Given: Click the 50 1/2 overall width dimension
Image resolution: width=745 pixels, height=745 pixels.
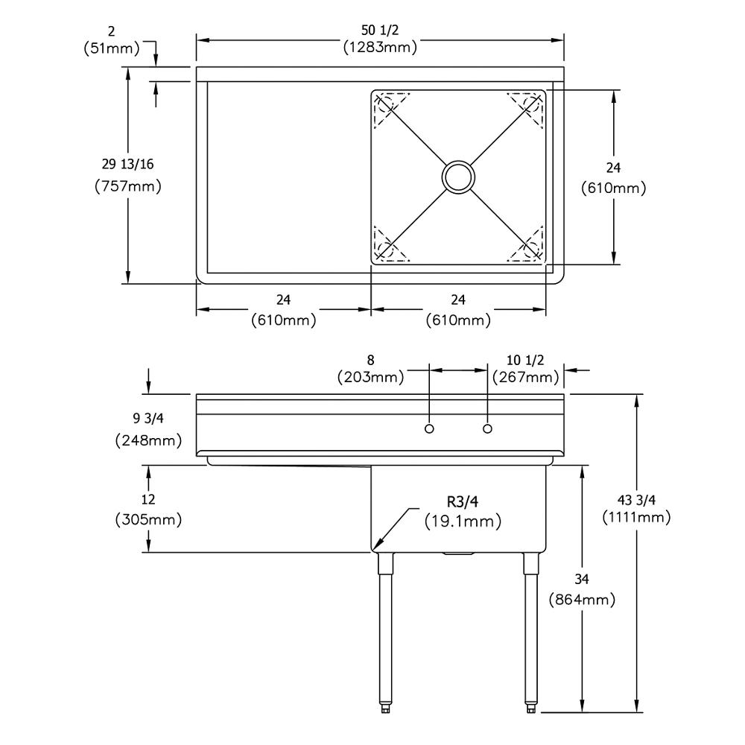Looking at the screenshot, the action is [x=380, y=31].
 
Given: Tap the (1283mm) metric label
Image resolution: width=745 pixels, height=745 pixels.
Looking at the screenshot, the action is [x=380, y=47].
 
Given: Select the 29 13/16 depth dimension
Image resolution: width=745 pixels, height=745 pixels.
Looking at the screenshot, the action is [x=128, y=164].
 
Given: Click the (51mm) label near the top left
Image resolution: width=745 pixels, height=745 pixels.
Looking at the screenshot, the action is [x=112, y=48].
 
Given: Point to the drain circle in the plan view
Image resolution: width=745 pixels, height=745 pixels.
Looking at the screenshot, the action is [x=458, y=177].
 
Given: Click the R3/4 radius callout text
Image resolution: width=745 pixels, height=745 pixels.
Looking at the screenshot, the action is [x=463, y=501].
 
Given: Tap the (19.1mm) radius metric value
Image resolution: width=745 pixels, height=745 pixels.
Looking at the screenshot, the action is [x=463, y=521].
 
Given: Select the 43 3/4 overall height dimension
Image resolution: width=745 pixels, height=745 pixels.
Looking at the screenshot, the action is [x=636, y=500].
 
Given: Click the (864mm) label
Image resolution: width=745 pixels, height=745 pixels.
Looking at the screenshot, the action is [x=582, y=600].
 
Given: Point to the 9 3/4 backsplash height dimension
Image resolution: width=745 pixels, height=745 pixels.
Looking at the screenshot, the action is [x=148, y=418].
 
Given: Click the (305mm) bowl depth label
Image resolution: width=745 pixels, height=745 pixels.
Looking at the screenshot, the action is [x=148, y=519].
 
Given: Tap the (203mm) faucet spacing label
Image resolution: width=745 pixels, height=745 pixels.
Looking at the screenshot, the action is [x=370, y=377].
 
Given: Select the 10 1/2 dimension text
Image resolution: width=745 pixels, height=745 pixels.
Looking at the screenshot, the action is [x=525, y=360].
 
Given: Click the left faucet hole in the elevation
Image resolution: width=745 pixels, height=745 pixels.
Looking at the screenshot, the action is [x=429, y=428].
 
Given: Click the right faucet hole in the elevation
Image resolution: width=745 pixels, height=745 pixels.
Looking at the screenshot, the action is [x=487, y=428].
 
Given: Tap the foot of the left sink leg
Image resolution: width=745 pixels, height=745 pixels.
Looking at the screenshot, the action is [x=385, y=708].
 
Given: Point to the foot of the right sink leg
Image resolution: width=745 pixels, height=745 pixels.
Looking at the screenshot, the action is [x=530, y=708].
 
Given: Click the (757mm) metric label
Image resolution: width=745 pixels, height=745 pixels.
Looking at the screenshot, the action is [x=128, y=186].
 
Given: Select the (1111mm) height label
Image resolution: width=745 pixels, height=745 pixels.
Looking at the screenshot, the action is [x=637, y=517].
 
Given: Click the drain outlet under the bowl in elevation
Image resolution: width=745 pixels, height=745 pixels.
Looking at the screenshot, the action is [x=458, y=554].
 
